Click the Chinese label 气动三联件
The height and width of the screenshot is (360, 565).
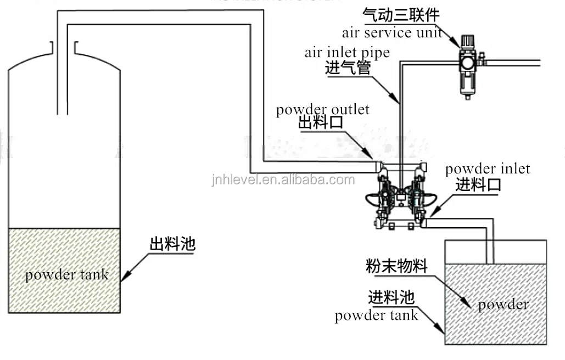click(x=401, y=14)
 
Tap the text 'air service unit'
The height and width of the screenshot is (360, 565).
click(x=392, y=32)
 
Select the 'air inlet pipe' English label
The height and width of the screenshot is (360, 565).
click(x=347, y=53)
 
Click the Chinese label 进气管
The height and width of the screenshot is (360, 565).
click(x=348, y=69)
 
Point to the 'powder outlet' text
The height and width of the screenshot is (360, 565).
click(x=323, y=109)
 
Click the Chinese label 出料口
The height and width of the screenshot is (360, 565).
click(x=320, y=123)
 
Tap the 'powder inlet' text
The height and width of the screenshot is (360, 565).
click(x=488, y=168)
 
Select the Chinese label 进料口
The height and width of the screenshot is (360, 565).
click(x=478, y=184)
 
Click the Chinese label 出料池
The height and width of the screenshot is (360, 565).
click(x=172, y=244)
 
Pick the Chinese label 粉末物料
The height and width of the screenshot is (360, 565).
click(x=396, y=267)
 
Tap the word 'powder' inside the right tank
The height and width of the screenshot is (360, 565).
click(x=503, y=305)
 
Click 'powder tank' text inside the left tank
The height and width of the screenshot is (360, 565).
click(x=66, y=274)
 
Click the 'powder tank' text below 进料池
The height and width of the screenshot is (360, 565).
click(x=377, y=316)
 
